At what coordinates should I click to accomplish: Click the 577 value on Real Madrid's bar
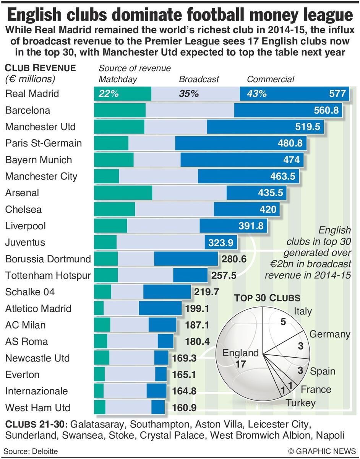pyautogui.click(x=337, y=94)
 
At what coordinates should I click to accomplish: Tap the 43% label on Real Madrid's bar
pyautogui.click(x=256, y=94)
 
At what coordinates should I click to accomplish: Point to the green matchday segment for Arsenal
pyautogui.click(x=123, y=193)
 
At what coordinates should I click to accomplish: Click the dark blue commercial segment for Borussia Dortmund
pyautogui.click(x=186, y=259)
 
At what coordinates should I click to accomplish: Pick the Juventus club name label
pyautogui.click(x=25, y=243)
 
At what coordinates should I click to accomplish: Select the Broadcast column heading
pyautogui.click(x=199, y=79)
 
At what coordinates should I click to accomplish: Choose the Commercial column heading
pyautogui.click(x=271, y=79)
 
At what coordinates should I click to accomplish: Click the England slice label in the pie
pyautogui.click(x=240, y=353)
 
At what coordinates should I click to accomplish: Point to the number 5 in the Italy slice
pyautogui.click(x=283, y=322)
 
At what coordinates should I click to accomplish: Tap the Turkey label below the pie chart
pyautogui.click(x=301, y=403)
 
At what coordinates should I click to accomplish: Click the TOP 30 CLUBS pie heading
pyautogui.click(x=267, y=298)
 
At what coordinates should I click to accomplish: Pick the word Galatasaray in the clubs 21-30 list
pyautogui.click(x=98, y=425)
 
